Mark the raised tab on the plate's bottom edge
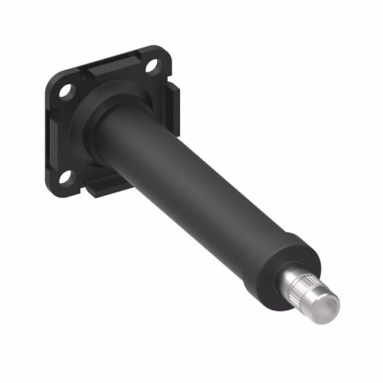[x=102, y=188]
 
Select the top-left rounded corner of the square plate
[x=53, y=81]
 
